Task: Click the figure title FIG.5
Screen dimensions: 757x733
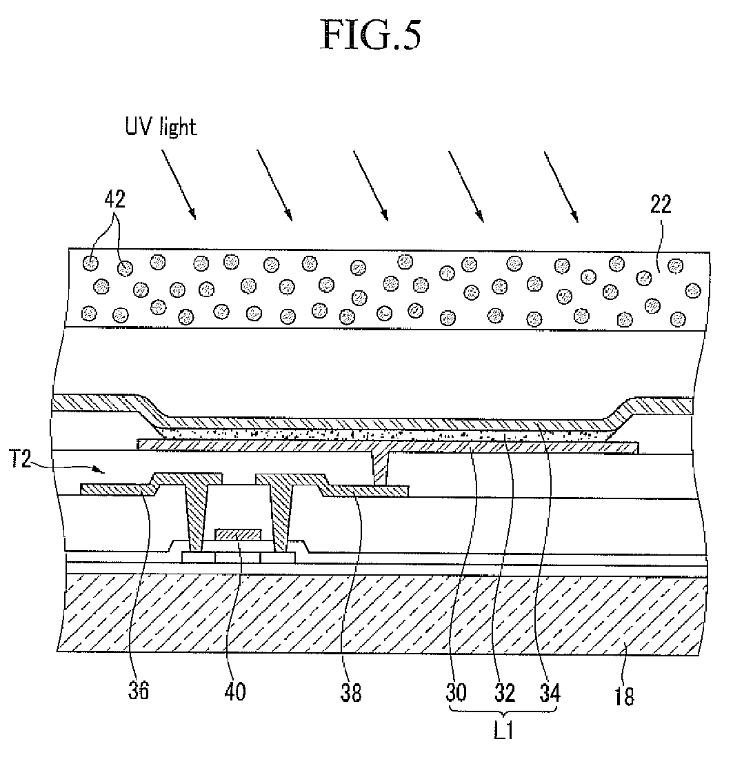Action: click(371, 36)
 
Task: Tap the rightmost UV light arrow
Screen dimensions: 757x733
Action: click(561, 184)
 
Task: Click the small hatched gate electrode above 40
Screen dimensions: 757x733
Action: click(238, 534)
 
